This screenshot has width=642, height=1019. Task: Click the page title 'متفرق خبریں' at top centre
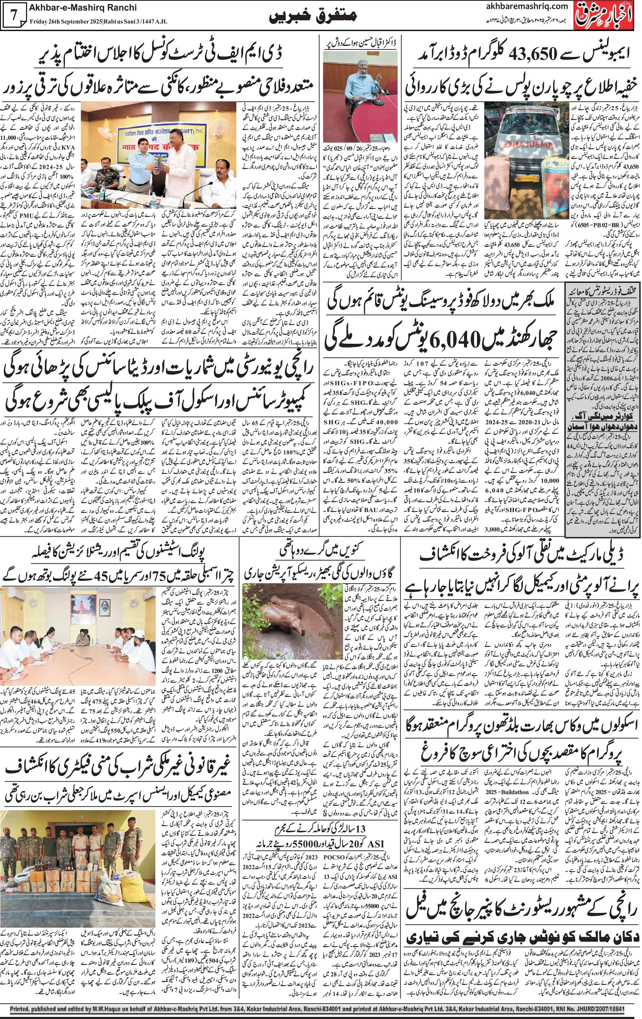coord(313,17)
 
